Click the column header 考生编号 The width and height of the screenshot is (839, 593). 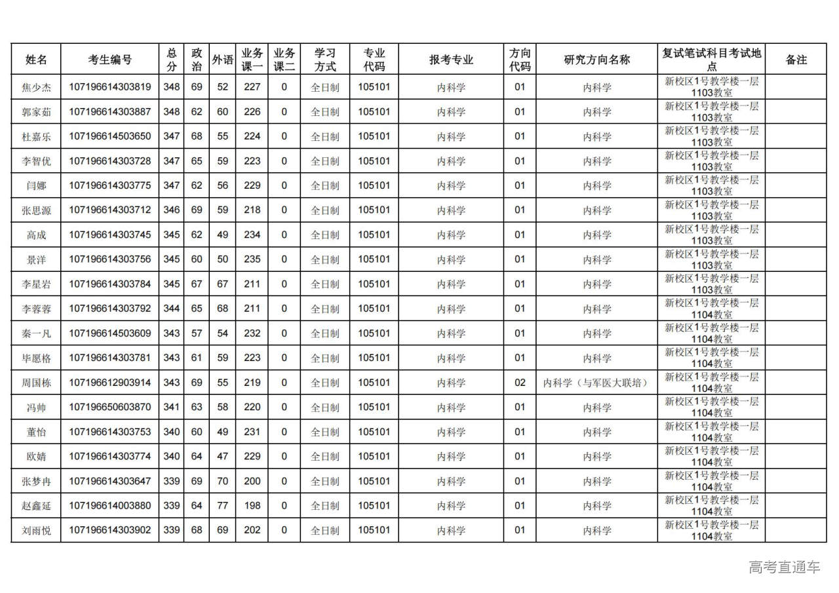(x=109, y=60)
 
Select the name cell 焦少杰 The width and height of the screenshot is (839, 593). (x=36, y=87)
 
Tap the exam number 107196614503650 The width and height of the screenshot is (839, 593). (x=109, y=136)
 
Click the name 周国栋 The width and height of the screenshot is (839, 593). (x=36, y=383)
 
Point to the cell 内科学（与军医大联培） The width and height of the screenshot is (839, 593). (x=596, y=383)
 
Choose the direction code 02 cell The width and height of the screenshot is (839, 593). (x=519, y=383)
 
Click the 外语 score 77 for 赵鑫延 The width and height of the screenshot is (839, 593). (x=223, y=506)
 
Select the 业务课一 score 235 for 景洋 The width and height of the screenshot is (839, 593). (x=252, y=259)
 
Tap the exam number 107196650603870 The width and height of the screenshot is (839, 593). (x=109, y=407)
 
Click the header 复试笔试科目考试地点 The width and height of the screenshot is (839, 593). (x=711, y=60)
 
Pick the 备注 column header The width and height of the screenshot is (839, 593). (x=796, y=60)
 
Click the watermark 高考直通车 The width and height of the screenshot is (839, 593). (x=784, y=567)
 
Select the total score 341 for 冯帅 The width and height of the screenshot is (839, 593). (x=171, y=407)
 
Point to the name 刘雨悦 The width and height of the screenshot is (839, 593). (x=36, y=531)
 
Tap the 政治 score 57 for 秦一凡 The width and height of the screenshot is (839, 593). (x=197, y=334)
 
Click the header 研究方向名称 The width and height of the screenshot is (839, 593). (x=596, y=60)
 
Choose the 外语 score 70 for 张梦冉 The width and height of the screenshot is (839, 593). (x=223, y=481)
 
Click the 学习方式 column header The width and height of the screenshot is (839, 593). (x=324, y=60)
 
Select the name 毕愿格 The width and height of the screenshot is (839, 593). (x=36, y=358)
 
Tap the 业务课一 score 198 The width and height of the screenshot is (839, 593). (x=252, y=506)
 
